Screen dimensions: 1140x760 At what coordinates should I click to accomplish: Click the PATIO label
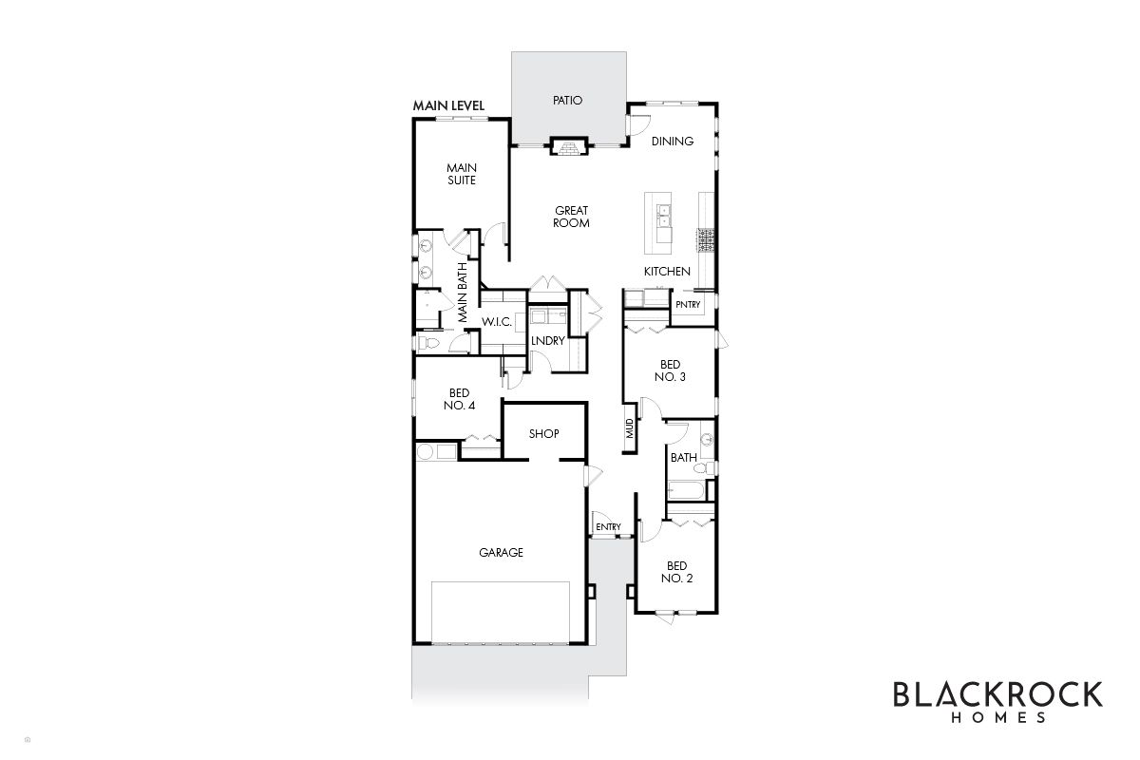click(567, 101)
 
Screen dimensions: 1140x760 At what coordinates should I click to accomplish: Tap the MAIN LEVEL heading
click(448, 105)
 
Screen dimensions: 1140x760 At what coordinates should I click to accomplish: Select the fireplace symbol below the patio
click(568, 146)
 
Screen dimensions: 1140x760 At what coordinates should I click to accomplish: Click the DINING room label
click(673, 141)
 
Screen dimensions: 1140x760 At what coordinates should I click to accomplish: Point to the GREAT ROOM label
click(572, 217)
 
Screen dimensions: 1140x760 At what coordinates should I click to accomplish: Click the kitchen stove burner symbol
click(705, 240)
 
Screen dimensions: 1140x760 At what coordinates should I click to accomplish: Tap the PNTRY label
click(688, 304)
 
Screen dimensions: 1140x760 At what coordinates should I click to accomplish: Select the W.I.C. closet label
click(497, 322)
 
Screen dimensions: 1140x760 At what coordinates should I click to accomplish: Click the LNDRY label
click(547, 341)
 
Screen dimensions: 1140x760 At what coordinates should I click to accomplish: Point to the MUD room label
click(630, 428)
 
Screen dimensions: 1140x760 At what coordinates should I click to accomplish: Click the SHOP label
click(544, 434)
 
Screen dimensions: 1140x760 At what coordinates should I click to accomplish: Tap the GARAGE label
click(501, 552)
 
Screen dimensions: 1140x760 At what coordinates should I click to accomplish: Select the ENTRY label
click(609, 527)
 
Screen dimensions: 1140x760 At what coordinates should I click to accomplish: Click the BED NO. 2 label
click(676, 572)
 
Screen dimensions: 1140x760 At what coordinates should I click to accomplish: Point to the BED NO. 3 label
click(671, 370)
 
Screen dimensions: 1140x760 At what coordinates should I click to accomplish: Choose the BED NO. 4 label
click(460, 399)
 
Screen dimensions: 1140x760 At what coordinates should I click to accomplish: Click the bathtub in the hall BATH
click(686, 491)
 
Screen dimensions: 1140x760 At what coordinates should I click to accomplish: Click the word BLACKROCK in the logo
click(998, 694)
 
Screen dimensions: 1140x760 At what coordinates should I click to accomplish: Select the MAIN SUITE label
click(462, 174)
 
